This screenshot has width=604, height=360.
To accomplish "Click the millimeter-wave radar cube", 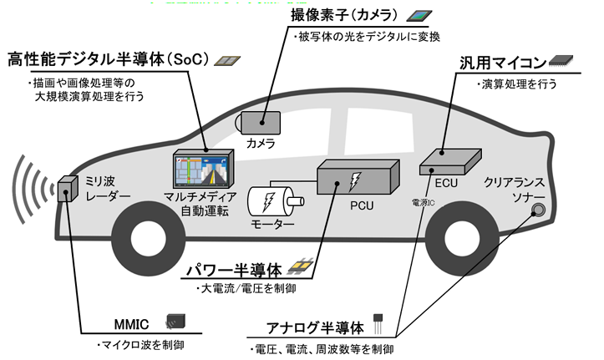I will coord(67,191).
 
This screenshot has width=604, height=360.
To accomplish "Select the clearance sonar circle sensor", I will coord(540,209).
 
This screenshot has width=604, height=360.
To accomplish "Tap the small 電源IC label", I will coord(423,202).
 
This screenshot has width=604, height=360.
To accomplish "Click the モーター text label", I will coord(272,225).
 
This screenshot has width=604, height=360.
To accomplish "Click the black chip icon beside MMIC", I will coord(176,321).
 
